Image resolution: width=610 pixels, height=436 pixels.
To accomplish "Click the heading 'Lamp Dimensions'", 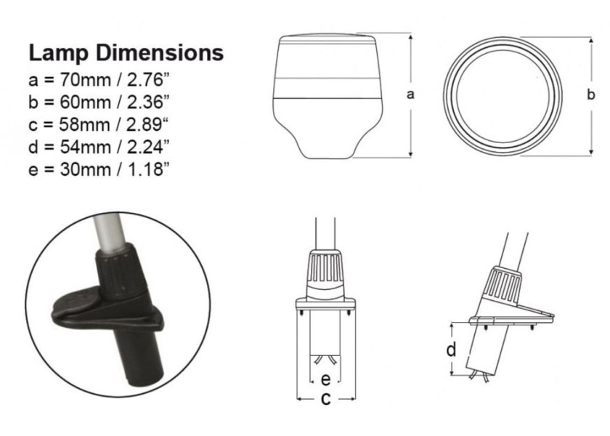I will (126, 53).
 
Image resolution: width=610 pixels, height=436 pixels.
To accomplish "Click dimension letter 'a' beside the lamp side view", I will (412, 94).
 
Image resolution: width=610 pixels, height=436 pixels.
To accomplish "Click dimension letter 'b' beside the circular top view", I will (591, 94).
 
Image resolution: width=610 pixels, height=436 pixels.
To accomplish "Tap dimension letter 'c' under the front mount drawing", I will (326, 398).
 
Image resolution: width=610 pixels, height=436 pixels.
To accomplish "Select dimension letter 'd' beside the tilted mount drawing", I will (452, 350).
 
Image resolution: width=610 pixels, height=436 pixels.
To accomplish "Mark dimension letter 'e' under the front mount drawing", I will (326, 379).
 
